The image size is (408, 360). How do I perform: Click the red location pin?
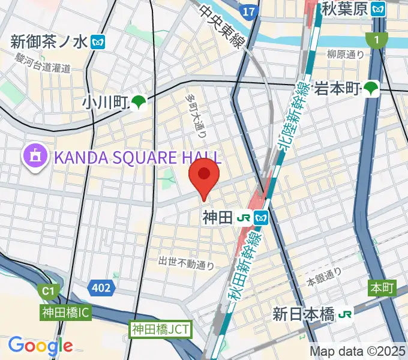[x=204, y=175]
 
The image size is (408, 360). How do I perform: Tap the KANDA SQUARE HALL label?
[x=138, y=158]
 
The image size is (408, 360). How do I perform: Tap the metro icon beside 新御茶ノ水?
[x=98, y=42]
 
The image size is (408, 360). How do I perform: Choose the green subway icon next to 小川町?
[x=139, y=103]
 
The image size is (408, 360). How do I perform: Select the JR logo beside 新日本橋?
[x=345, y=314]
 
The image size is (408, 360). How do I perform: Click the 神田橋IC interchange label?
[x=66, y=313]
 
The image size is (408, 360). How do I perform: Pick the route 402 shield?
[x=101, y=288]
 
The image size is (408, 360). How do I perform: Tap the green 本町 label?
[x=382, y=289]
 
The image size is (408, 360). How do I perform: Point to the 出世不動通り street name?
[x=187, y=263]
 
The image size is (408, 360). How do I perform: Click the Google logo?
[x=40, y=346]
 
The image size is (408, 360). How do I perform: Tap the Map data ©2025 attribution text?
[x=358, y=351]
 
